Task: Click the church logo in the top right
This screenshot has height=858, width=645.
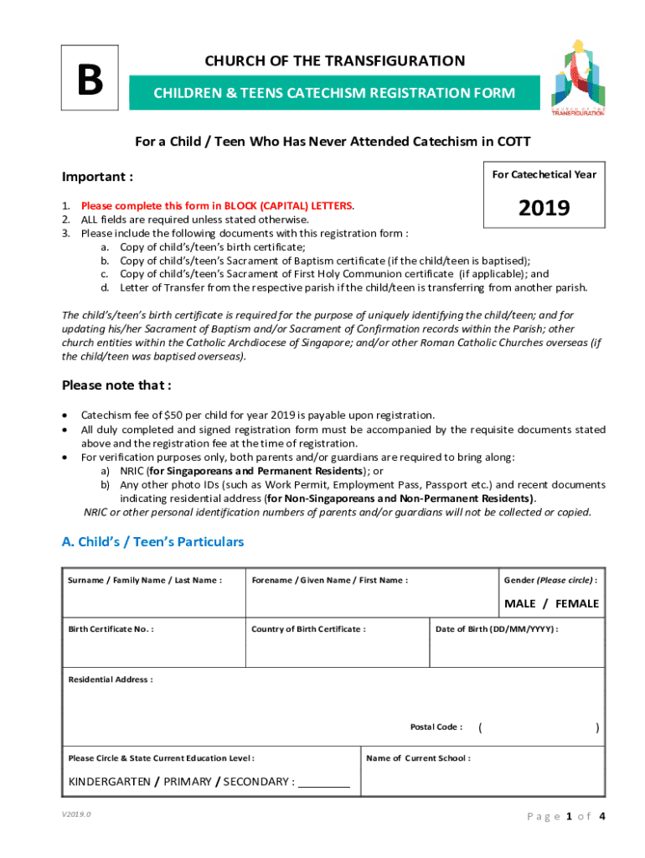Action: pos(577,78)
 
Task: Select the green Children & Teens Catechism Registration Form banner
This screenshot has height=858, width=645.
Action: pos(333,93)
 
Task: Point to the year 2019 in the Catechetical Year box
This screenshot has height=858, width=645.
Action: pos(544,208)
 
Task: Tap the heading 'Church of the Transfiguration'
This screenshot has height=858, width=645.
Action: pos(334,60)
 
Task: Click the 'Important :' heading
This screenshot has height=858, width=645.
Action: pos(97,177)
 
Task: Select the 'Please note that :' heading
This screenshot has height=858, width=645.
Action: pos(116,385)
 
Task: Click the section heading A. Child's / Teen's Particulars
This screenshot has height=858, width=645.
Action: pos(152,541)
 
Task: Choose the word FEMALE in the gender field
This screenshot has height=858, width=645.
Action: pos(577,603)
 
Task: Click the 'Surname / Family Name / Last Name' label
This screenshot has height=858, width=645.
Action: pos(145,581)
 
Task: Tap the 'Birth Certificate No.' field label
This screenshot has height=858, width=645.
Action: pos(111,628)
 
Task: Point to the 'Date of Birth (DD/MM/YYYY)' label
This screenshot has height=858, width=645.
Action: pos(497,628)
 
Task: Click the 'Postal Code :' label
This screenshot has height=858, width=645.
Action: pos(436,726)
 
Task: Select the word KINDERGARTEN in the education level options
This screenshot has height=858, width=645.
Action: pos(108,782)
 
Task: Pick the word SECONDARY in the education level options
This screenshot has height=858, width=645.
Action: pos(256,782)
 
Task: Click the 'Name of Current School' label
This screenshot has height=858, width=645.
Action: pos(418,758)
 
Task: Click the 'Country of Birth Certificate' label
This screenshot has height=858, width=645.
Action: pos(308,628)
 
